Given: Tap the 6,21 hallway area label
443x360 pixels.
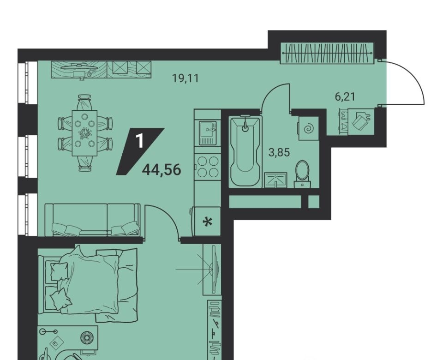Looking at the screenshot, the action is (x=345, y=97).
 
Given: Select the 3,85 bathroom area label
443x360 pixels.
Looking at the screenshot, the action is (x=279, y=153).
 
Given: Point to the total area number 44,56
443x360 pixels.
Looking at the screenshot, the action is (x=162, y=170).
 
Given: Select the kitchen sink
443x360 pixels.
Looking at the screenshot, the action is (x=208, y=133).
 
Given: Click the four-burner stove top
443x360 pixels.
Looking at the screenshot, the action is (x=208, y=167).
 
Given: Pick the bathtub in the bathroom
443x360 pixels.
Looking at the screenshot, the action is (x=245, y=151).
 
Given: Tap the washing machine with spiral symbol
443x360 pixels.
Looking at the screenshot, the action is (x=308, y=129).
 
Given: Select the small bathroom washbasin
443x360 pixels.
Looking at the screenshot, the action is (x=276, y=180).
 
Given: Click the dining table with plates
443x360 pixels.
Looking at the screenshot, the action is (x=84, y=133).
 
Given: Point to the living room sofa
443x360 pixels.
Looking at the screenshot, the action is (x=92, y=220).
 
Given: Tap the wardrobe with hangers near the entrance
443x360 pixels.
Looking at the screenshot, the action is (x=327, y=53).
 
